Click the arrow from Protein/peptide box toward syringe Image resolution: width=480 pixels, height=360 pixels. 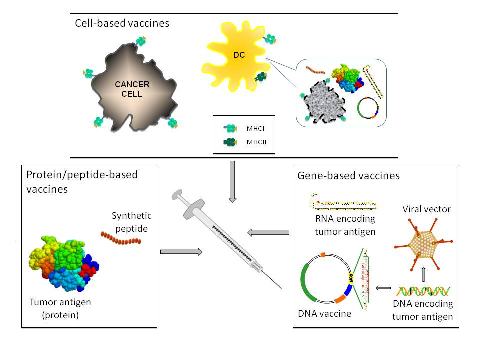click(x=181, y=252)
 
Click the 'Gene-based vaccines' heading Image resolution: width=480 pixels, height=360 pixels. click(x=348, y=176)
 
